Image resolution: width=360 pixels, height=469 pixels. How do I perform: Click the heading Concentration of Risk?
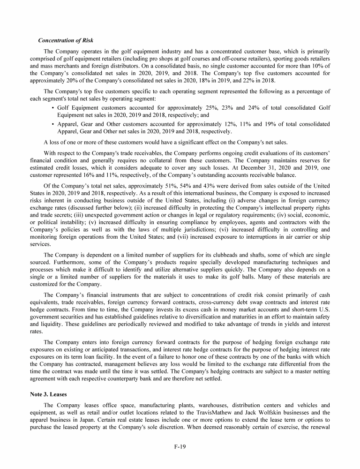(66, 40)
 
